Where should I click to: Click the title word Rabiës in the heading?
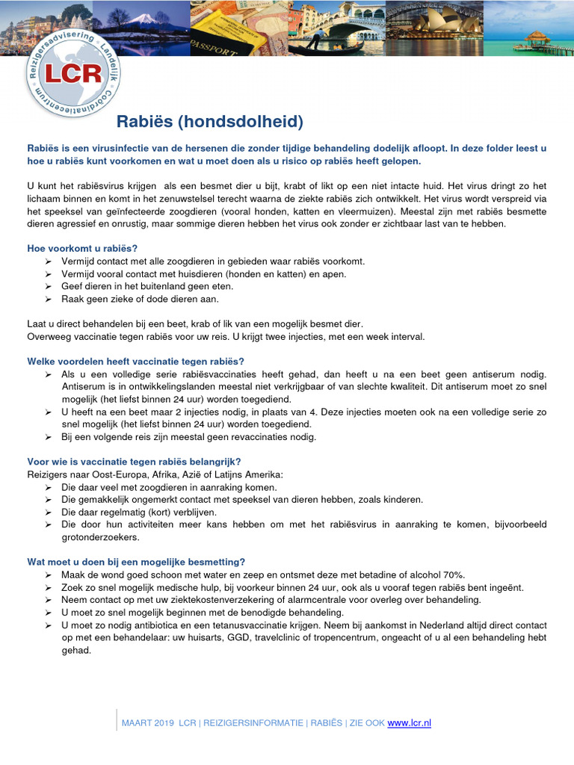pos(143,122)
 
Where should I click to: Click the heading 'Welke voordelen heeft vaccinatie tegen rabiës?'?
pos(135,361)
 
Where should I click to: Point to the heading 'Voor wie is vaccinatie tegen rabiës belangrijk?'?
pos(134,461)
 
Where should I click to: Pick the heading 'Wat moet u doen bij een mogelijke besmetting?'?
pos(136,562)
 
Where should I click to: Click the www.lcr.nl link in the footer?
pos(409,722)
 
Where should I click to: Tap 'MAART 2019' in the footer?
pos(148,722)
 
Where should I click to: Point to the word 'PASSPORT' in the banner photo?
pos(212,46)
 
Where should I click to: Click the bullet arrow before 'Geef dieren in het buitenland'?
pos(48,286)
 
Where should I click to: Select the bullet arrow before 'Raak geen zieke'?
pos(48,299)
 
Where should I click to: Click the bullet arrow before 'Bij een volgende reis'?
pos(48,437)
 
